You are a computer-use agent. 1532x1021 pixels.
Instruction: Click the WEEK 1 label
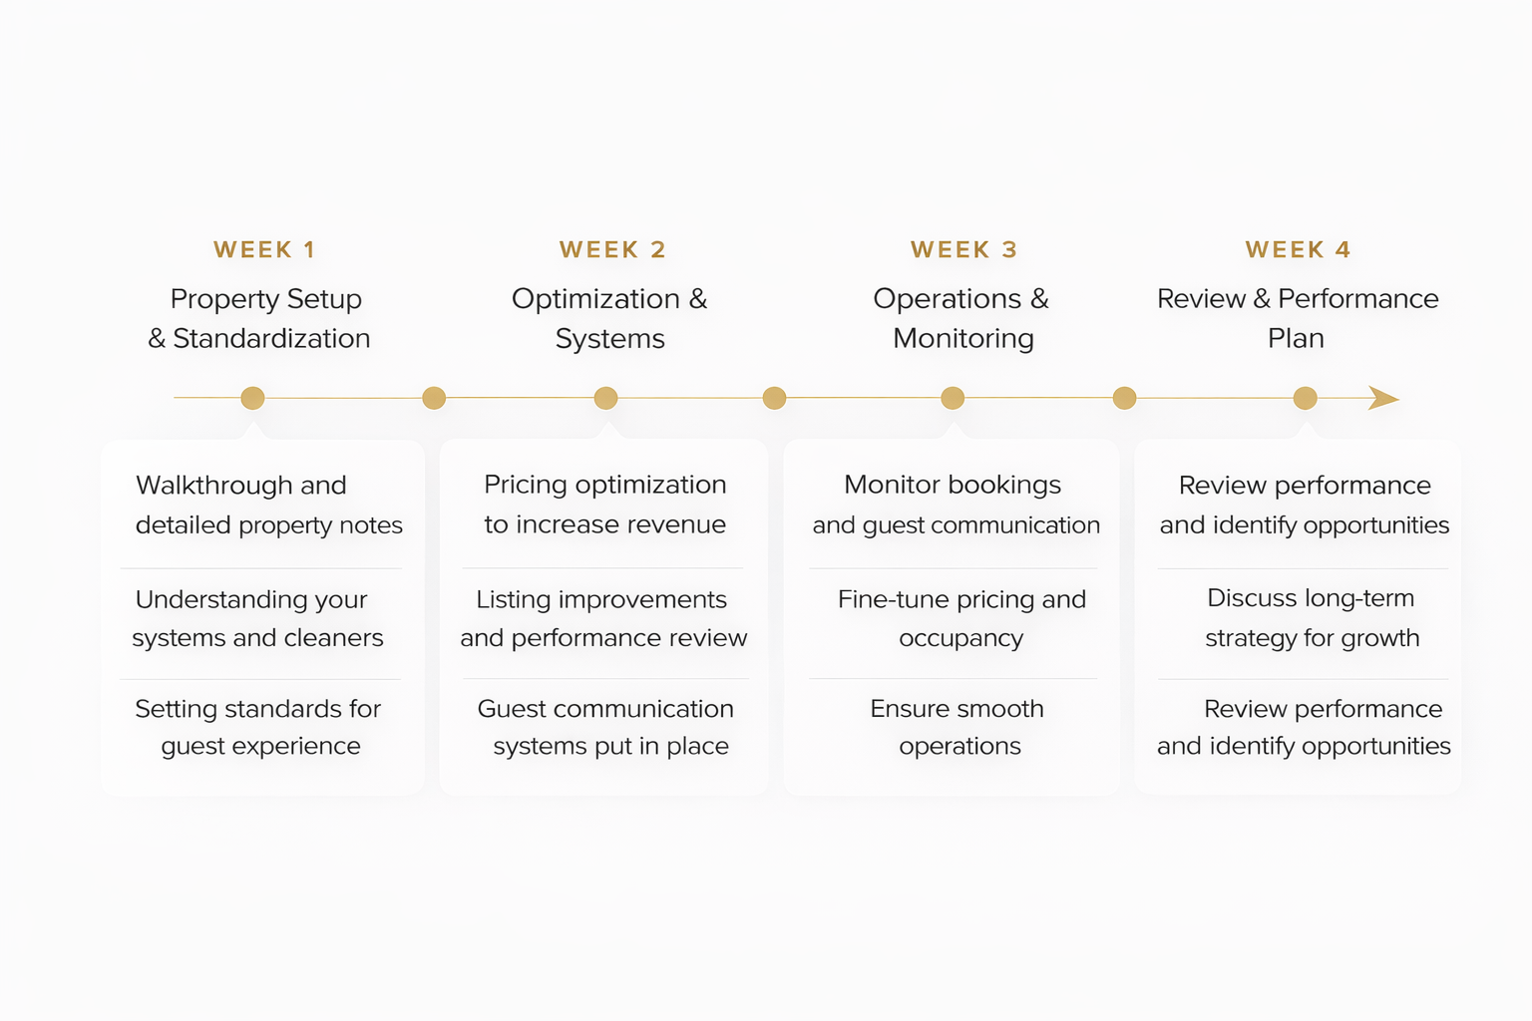[x=264, y=249]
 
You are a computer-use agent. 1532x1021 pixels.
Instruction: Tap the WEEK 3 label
[x=963, y=249]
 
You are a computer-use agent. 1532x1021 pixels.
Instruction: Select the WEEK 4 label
[x=1298, y=249]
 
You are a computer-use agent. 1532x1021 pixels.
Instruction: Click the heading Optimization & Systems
[x=609, y=318]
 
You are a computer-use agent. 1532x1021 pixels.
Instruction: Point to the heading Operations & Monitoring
[x=961, y=318]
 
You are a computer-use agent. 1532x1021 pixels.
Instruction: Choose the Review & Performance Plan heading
[x=1297, y=318]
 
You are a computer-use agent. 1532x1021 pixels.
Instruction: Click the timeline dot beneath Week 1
[x=252, y=398]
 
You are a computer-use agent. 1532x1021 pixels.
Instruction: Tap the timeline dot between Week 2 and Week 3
[x=774, y=399]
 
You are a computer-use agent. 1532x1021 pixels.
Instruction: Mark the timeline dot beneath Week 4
[x=1305, y=399]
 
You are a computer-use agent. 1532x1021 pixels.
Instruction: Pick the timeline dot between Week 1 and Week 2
[x=434, y=399]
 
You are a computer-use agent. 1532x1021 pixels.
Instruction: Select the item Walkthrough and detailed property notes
[x=268, y=505]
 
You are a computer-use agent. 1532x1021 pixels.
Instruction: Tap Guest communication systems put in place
[x=605, y=727]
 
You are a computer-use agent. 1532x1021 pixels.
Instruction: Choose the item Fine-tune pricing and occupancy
[x=961, y=618]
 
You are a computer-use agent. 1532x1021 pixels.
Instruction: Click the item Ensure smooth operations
[x=957, y=727]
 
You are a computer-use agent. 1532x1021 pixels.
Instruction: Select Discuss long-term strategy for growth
[x=1311, y=618]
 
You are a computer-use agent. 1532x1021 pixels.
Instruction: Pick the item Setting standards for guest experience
[x=258, y=727]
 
